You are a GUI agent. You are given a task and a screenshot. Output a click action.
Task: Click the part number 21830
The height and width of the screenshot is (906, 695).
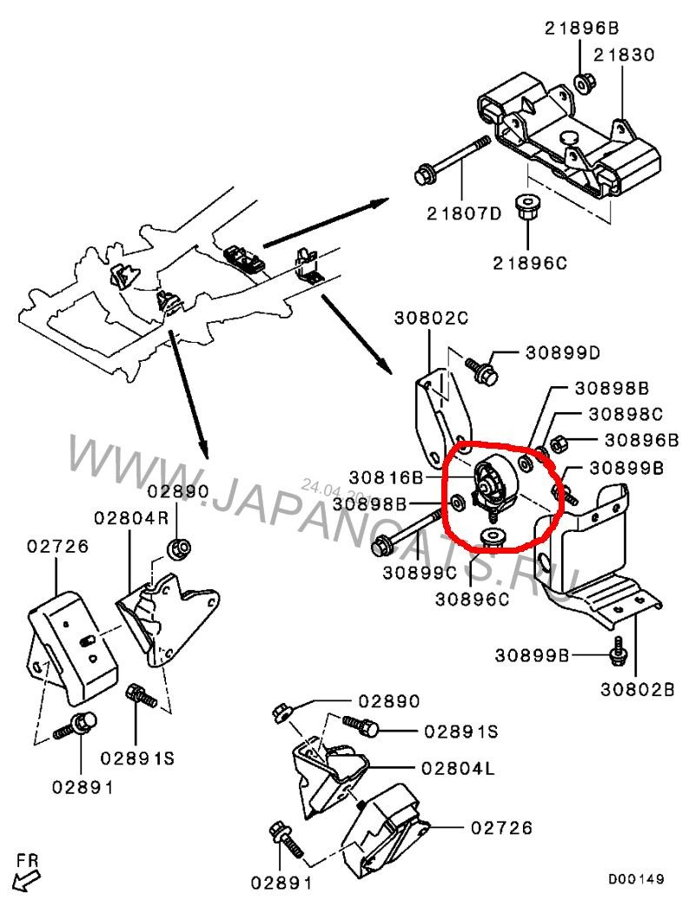623,54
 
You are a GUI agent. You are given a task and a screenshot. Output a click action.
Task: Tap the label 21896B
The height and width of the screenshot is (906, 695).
580,28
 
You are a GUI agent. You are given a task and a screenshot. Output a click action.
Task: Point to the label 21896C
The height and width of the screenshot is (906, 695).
528,263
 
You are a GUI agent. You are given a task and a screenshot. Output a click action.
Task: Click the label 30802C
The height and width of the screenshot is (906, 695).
433,318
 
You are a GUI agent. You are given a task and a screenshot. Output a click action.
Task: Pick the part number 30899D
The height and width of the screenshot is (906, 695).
563,353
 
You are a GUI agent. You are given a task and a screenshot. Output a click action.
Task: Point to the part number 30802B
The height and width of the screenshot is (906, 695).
637,691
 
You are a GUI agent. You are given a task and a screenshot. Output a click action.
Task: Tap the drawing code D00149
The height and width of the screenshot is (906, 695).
637,880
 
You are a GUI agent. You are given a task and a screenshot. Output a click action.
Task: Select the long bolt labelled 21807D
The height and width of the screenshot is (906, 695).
453,160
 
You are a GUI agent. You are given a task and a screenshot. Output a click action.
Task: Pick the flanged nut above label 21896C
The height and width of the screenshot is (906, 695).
527,208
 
